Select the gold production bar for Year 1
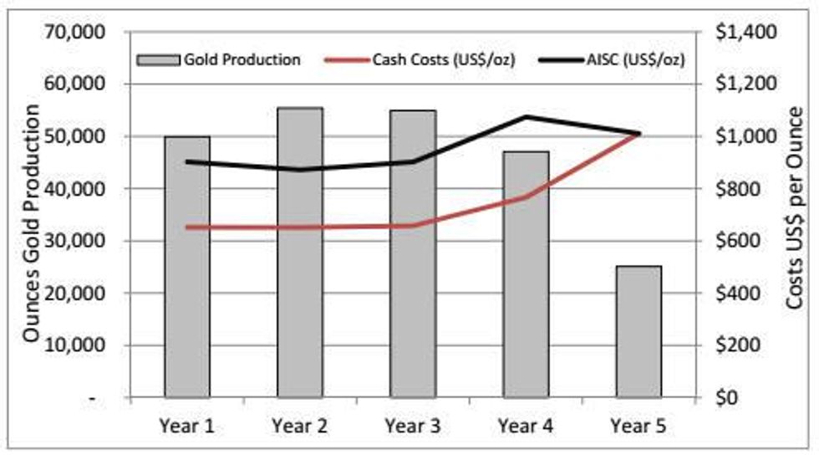click(x=186, y=268)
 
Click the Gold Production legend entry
click(x=218, y=59)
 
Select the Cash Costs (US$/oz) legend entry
click(x=432, y=59)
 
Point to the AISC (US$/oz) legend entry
click(x=618, y=59)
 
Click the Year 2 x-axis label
click(x=300, y=425)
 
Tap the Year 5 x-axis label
click(x=639, y=425)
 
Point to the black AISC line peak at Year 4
click(x=526, y=117)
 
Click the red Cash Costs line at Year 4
click(x=526, y=197)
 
